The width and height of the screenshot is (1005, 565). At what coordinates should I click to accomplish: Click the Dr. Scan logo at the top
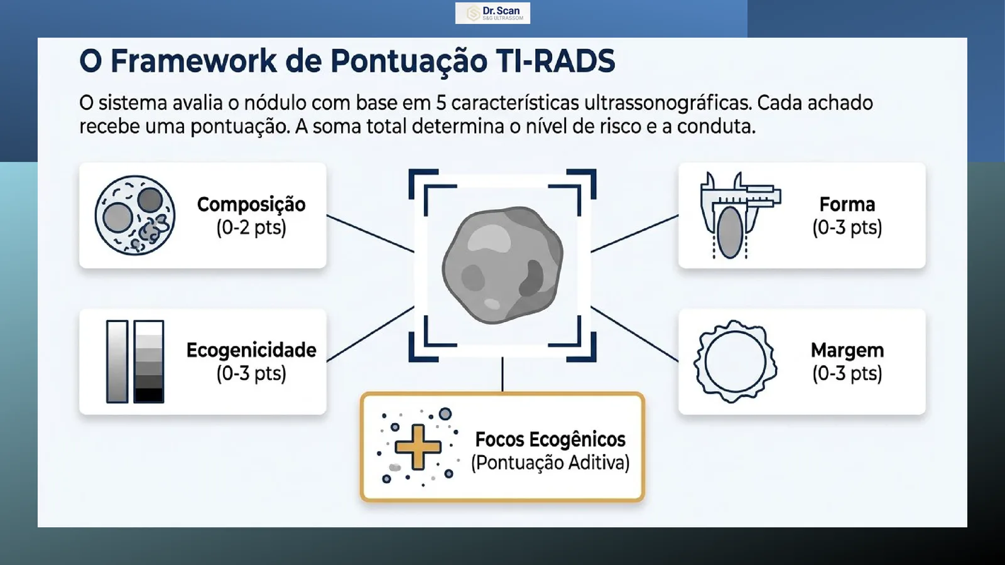click(x=492, y=13)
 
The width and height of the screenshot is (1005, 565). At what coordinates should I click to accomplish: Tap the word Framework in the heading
click(x=193, y=62)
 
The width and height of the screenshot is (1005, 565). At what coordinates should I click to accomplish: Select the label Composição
click(x=251, y=205)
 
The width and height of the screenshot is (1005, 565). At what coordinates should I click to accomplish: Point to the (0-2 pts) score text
click(x=251, y=228)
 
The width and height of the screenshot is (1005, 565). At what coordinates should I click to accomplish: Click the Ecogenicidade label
click(x=251, y=350)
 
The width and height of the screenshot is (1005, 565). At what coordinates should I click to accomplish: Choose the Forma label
click(x=847, y=205)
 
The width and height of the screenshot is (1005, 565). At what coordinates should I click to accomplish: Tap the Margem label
click(x=847, y=350)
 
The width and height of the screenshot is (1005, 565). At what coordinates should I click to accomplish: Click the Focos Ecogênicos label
click(x=550, y=439)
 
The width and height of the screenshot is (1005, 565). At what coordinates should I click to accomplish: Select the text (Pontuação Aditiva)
click(x=550, y=463)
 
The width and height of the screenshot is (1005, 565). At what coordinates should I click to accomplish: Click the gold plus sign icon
click(x=418, y=446)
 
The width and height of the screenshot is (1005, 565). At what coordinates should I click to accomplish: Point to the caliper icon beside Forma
click(x=741, y=215)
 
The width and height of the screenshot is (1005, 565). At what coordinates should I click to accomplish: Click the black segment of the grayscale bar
click(x=148, y=395)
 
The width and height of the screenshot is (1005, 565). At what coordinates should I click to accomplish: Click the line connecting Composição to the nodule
click(x=370, y=234)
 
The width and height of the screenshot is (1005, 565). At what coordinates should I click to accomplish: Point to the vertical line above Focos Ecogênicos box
click(x=503, y=374)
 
